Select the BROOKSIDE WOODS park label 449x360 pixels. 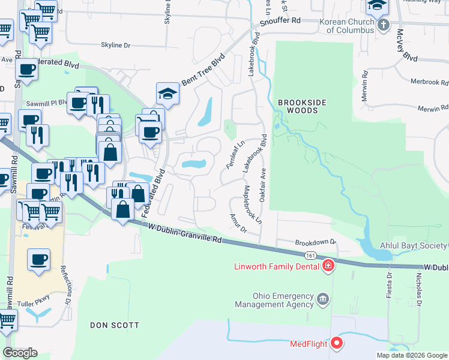301,107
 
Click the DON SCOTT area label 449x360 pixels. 114,325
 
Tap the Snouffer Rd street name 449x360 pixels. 280,22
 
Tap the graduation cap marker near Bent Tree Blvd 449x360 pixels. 168,94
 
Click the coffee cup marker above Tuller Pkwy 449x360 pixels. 39,260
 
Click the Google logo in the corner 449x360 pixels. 20,352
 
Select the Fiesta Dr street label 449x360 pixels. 389,287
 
